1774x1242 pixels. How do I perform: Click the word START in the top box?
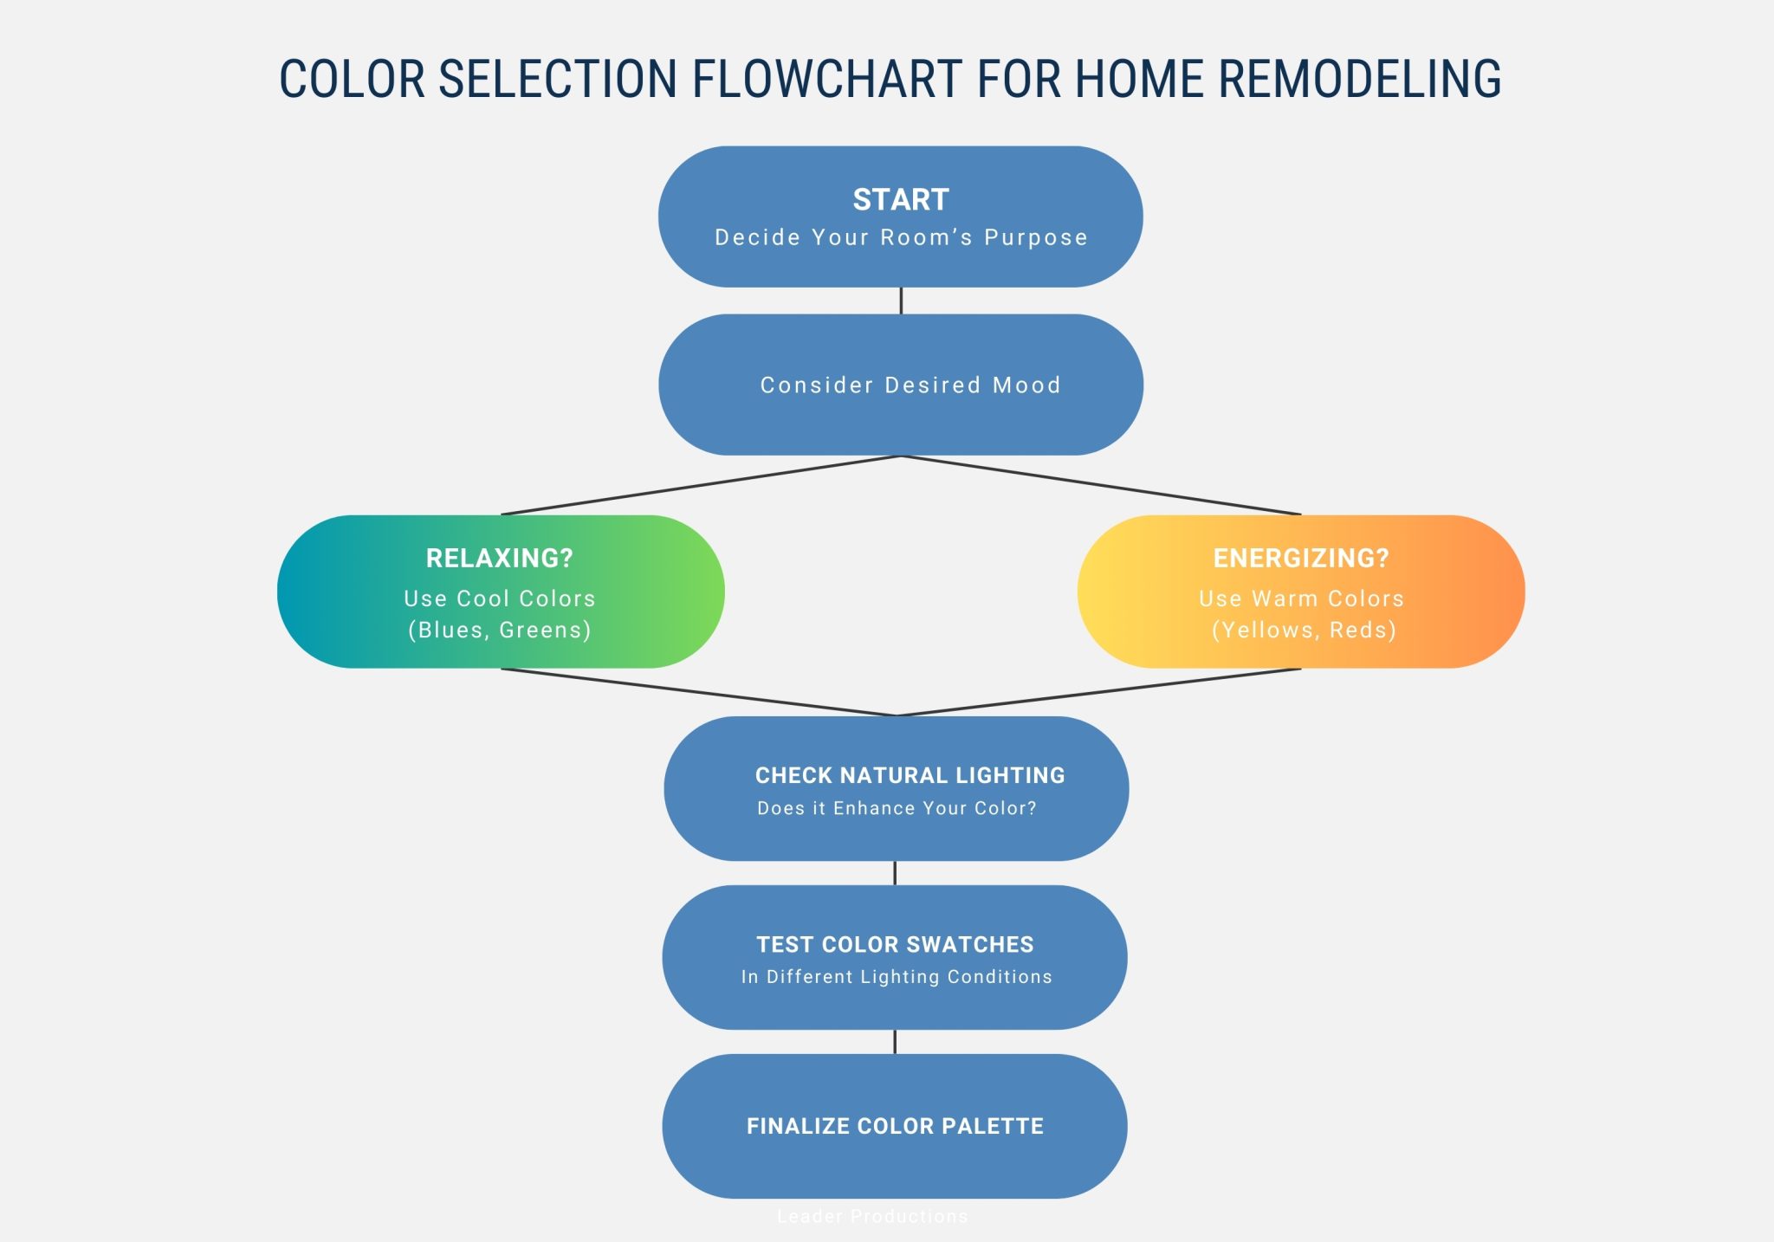click(901, 200)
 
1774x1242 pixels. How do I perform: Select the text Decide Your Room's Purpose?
click(901, 237)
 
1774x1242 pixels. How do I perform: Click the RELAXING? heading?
click(500, 559)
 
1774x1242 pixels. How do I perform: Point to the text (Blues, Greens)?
click(500, 630)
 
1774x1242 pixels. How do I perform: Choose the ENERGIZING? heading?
click(1301, 559)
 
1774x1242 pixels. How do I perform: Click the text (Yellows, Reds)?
click(1304, 630)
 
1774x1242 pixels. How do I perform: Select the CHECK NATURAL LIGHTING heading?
click(910, 775)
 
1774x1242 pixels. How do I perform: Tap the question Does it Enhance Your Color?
click(897, 808)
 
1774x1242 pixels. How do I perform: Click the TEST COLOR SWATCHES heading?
click(895, 944)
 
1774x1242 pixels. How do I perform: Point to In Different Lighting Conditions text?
click(897, 977)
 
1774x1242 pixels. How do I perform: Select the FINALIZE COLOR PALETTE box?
click(895, 1126)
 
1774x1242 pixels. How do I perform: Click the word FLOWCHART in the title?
click(826, 79)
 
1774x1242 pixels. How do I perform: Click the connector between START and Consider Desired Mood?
click(901, 301)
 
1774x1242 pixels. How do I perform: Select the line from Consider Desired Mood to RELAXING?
click(702, 485)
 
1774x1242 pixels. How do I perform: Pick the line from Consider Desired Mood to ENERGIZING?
click(1100, 485)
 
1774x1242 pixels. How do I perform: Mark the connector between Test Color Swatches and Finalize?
click(895, 1042)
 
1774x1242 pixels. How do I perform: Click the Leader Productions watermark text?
click(872, 1216)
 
